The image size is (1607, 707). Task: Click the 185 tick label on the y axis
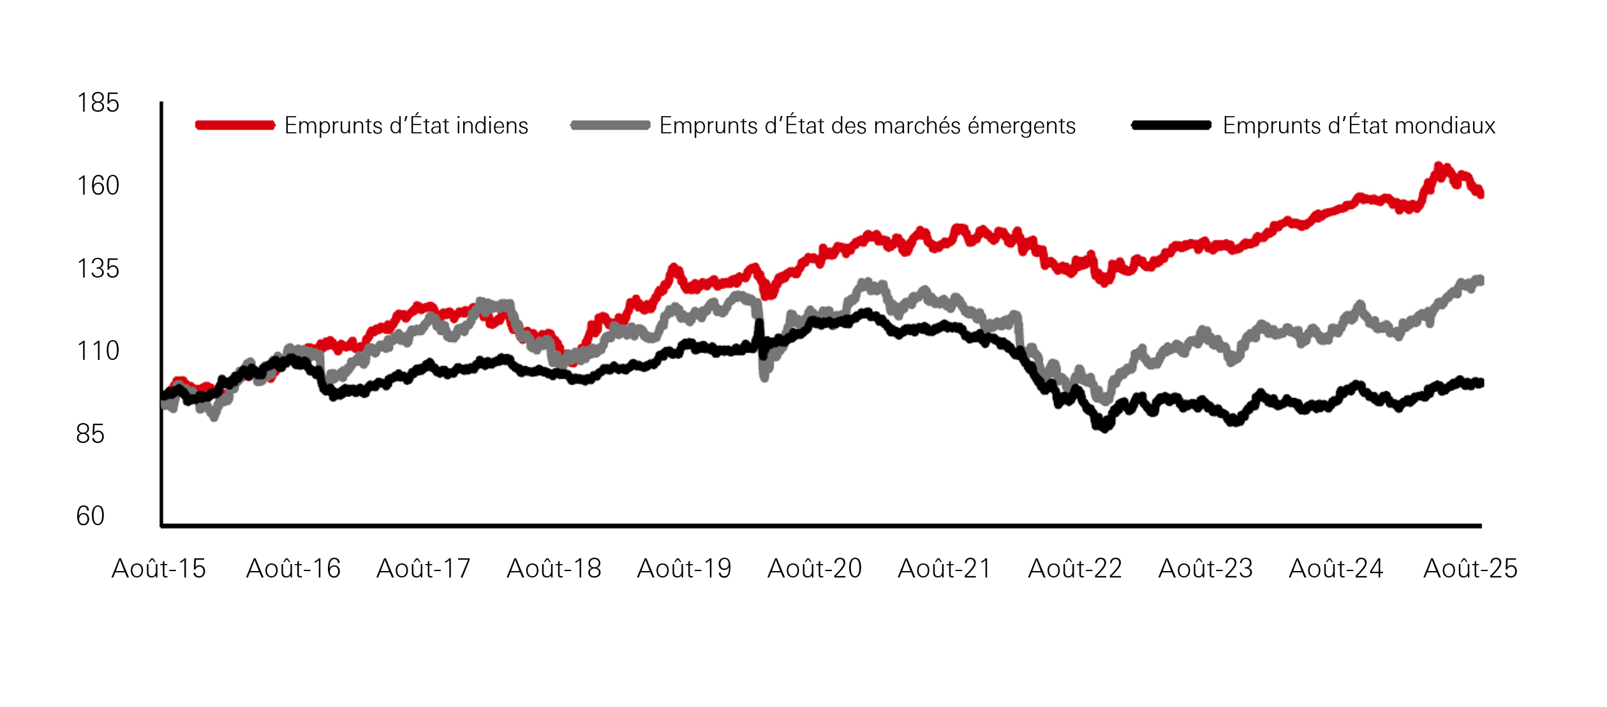98,103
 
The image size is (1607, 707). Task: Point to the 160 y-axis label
98,186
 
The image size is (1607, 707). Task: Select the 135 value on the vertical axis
98,269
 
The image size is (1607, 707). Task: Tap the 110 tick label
98,351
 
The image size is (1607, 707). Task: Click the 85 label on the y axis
90,434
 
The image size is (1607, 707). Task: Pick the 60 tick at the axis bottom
90,516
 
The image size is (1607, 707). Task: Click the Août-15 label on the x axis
159,569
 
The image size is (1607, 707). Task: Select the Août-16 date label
293,569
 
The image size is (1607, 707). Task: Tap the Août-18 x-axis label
554,569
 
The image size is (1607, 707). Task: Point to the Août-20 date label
815,569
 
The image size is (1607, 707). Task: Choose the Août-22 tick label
1075,569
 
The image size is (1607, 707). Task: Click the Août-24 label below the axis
1336,569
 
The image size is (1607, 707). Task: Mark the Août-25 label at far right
1470,569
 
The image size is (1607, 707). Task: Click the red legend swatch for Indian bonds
235,125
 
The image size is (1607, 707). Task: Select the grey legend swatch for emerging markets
611,125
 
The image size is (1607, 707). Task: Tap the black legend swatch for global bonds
1171,125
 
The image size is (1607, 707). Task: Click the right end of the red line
1480,193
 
